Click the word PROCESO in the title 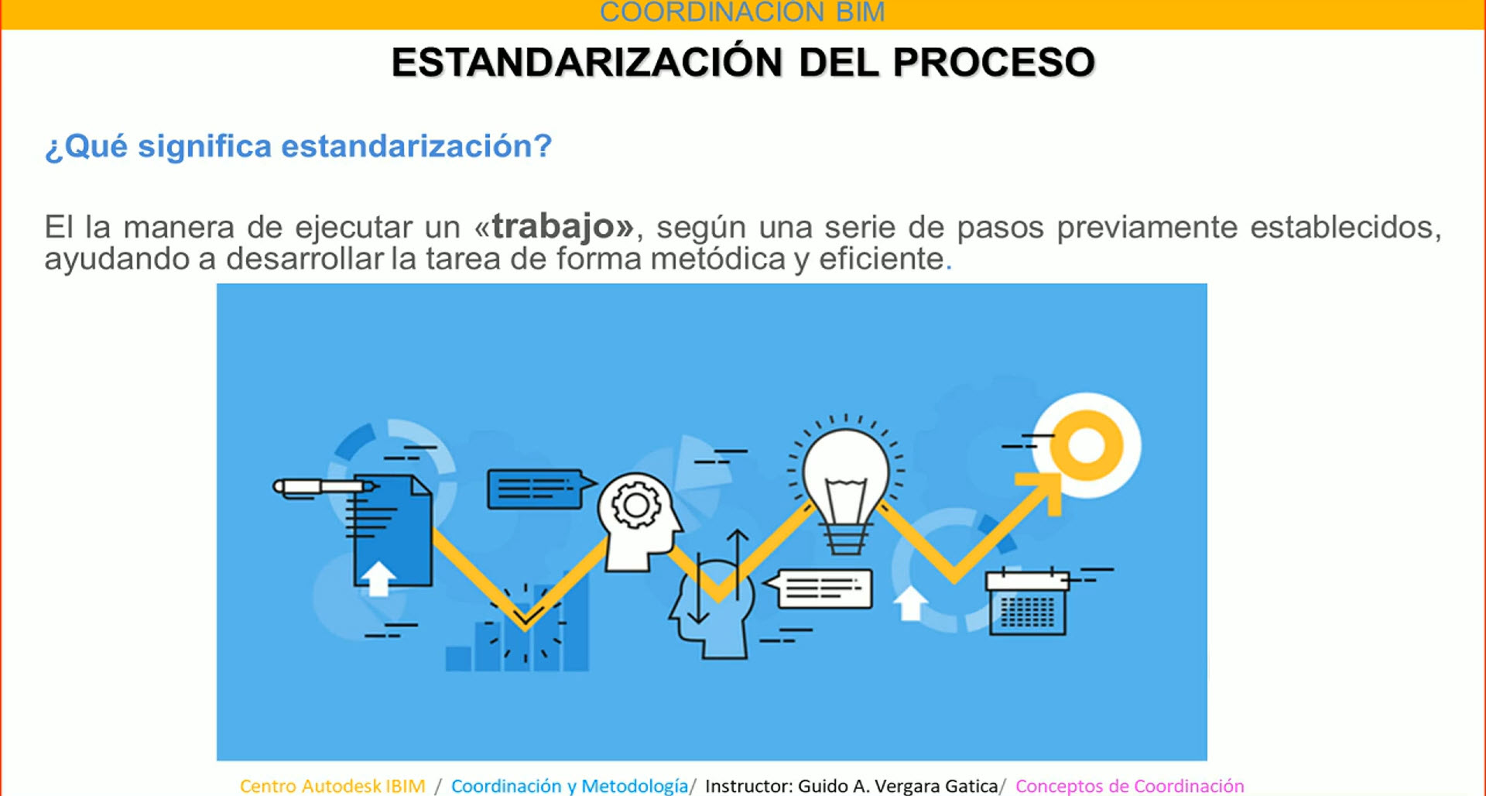[x=994, y=63]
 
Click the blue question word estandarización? [x=416, y=146]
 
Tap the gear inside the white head [x=636, y=506]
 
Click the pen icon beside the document [x=324, y=487]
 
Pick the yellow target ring [x=1086, y=445]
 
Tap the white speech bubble [x=823, y=588]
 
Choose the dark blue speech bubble [x=536, y=489]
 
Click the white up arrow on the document [x=378, y=578]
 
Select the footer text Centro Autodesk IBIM [x=332, y=786]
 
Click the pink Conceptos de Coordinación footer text [x=1129, y=786]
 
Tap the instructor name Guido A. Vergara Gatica [x=898, y=786]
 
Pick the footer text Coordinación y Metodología [x=569, y=786]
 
